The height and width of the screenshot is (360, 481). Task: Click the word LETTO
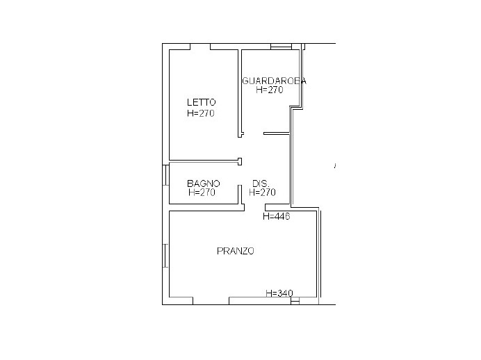[201, 102]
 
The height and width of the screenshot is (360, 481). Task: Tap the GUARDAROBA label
[274, 81]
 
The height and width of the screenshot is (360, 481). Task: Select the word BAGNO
[204, 183]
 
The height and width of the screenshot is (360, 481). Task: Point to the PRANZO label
[236, 251]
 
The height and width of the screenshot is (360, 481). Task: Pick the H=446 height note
[276, 216]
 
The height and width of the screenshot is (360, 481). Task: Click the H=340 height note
[279, 293]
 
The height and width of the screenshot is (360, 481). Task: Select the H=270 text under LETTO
[201, 113]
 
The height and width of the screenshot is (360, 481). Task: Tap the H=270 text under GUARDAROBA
[270, 90]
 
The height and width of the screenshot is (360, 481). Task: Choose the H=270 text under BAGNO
[202, 193]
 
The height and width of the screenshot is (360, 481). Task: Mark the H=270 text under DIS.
[263, 193]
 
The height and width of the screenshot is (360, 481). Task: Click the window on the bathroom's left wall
[165, 174]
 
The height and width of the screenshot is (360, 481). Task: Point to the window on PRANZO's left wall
[165, 256]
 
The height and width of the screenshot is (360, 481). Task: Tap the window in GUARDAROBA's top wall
[281, 47]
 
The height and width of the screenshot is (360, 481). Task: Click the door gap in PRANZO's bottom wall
[211, 301]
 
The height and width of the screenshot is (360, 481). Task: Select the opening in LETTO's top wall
[200, 47]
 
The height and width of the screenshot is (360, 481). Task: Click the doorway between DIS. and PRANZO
[254, 207]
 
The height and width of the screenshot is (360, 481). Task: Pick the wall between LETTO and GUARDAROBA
[240, 90]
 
